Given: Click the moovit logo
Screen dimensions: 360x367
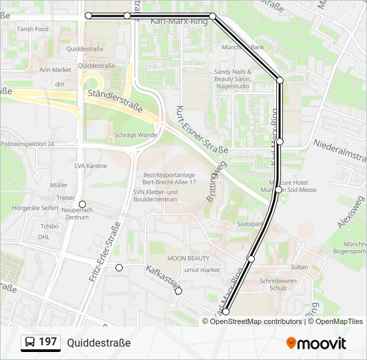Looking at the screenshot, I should coord(316,343).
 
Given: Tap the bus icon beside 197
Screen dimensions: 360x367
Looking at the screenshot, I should coord(29,343).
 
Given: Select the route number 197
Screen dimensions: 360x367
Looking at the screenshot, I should coord(47,342).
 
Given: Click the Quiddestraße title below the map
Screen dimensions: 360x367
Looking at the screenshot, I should coord(99,343).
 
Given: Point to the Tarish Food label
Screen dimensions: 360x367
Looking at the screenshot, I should coord(33,29).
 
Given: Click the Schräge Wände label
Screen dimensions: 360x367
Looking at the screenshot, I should coord(135,135).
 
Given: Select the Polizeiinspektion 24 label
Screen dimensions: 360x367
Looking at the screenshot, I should coord(27,144).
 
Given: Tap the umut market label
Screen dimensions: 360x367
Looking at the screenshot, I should coord(202,270).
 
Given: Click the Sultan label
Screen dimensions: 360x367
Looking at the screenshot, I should coord(300,267).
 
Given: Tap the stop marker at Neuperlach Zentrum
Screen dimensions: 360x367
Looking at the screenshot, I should coord(82,204).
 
